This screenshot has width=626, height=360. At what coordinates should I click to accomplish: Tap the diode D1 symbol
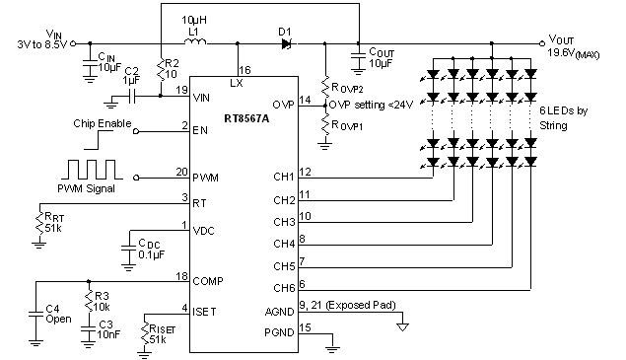(x=285, y=42)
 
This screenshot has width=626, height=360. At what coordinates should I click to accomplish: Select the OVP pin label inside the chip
(x=283, y=103)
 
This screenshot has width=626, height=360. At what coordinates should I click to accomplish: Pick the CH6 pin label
(x=283, y=287)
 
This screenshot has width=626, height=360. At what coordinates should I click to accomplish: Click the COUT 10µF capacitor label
(x=381, y=57)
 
